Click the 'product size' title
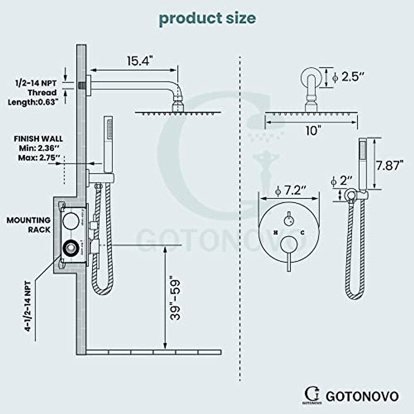click(207, 18)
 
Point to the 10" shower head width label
click(313, 131)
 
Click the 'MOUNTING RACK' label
click(29, 225)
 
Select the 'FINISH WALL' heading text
click(38, 139)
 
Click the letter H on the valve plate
click(276, 233)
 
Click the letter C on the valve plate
click(302, 233)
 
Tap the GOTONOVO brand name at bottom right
click(362, 396)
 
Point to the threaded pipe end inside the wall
click(82, 85)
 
